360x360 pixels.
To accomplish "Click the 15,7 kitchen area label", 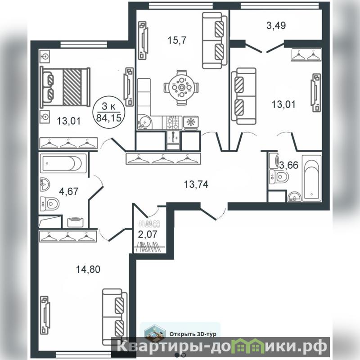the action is point(177,40).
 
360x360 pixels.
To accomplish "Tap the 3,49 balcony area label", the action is point(276,26).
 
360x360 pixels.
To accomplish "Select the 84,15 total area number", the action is point(108,118).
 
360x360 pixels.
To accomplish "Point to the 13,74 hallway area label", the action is point(196,184).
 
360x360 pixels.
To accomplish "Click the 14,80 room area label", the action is point(88,269).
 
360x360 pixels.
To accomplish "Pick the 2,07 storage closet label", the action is point(148,234).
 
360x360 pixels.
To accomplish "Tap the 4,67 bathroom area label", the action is point(69,191).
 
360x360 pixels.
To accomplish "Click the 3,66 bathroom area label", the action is point(288,165).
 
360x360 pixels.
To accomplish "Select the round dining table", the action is point(181,87).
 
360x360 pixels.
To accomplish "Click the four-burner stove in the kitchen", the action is point(172,123).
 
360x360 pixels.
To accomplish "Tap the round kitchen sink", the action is point(144,122).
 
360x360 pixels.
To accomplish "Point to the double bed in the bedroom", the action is point(65,87).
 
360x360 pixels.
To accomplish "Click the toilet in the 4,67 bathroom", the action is point(50,204).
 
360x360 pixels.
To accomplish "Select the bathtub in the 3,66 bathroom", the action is point(311,178).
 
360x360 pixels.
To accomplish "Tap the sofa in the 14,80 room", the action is point(115,317).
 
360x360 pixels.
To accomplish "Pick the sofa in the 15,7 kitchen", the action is point(215,40).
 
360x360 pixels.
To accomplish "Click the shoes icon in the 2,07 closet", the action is point(150,223).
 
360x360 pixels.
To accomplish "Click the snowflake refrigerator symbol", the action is point(191,123).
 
